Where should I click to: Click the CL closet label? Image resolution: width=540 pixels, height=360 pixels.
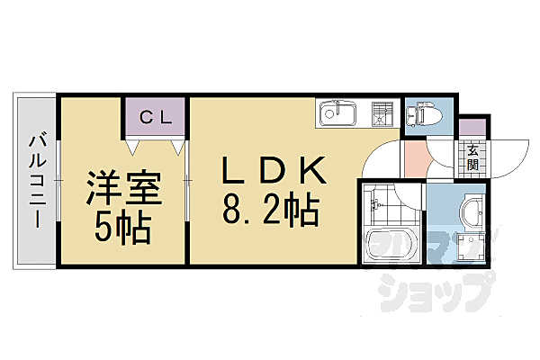pos(156,118)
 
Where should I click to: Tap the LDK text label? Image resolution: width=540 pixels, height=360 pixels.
pos(274,170)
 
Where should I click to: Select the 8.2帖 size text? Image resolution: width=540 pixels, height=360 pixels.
pos(270,209)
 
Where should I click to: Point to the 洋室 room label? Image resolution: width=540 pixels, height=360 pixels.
pos(123,188)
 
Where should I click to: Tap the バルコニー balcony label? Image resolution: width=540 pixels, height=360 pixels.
pos(37,179)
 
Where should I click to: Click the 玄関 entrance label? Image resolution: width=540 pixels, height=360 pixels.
pos(472,157)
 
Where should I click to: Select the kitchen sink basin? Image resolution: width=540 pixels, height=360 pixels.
pos(337,113)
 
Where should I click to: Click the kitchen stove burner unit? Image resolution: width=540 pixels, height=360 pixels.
pos(382,113)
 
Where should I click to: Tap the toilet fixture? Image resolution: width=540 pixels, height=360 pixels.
pos(424,113)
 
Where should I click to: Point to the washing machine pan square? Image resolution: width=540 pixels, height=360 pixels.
pos(471,247)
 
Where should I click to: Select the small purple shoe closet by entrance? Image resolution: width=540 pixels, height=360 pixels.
pos(472,127)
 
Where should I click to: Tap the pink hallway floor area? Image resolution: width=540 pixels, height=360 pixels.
pos(415,159)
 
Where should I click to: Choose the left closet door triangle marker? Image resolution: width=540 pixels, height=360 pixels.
pos(132,148)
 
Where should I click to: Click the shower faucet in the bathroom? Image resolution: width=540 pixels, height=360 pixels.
pos(375,204)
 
